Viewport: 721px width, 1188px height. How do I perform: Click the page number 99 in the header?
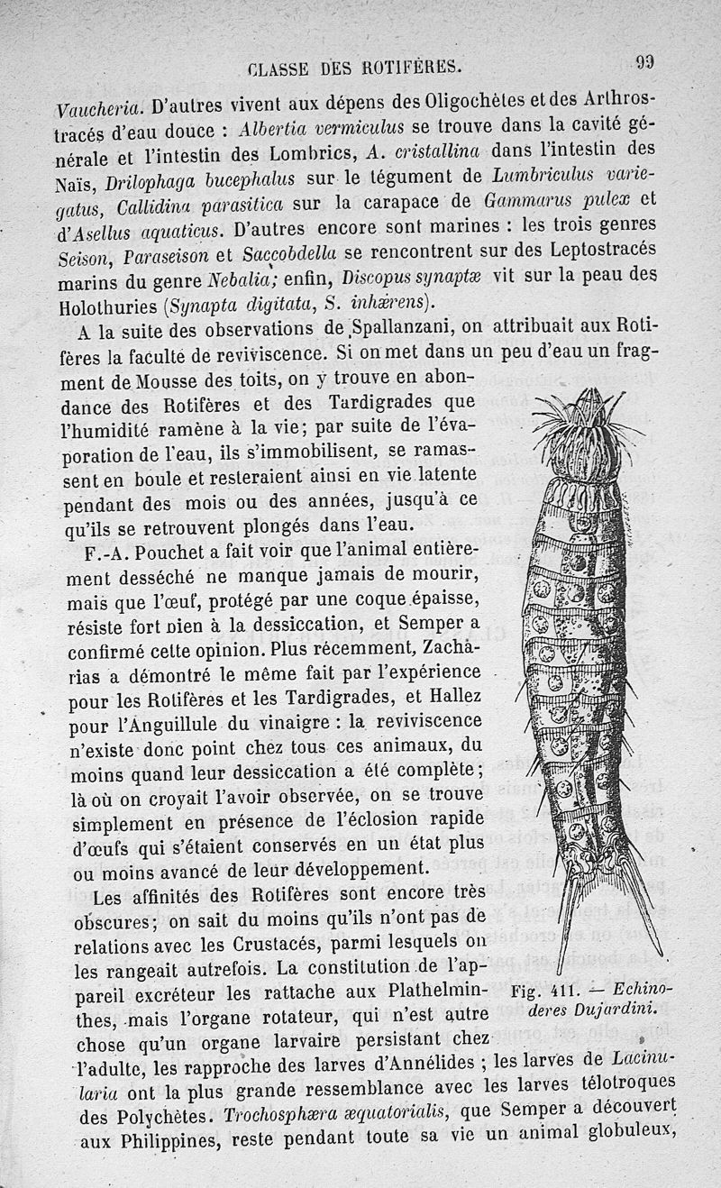(643, 63)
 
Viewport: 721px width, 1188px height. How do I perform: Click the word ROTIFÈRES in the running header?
(409, 65)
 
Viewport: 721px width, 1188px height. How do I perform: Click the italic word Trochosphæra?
(275, 1110)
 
